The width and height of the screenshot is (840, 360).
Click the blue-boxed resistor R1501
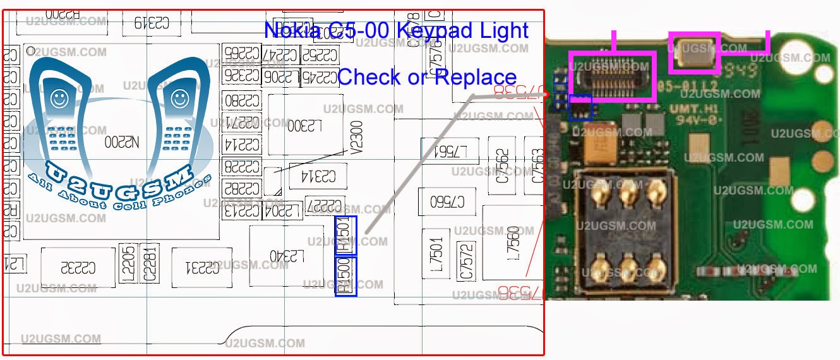pos(345,236)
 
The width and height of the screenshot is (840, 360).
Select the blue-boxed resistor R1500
pos(345,276)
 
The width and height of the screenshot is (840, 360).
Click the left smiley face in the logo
pos(59,99)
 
